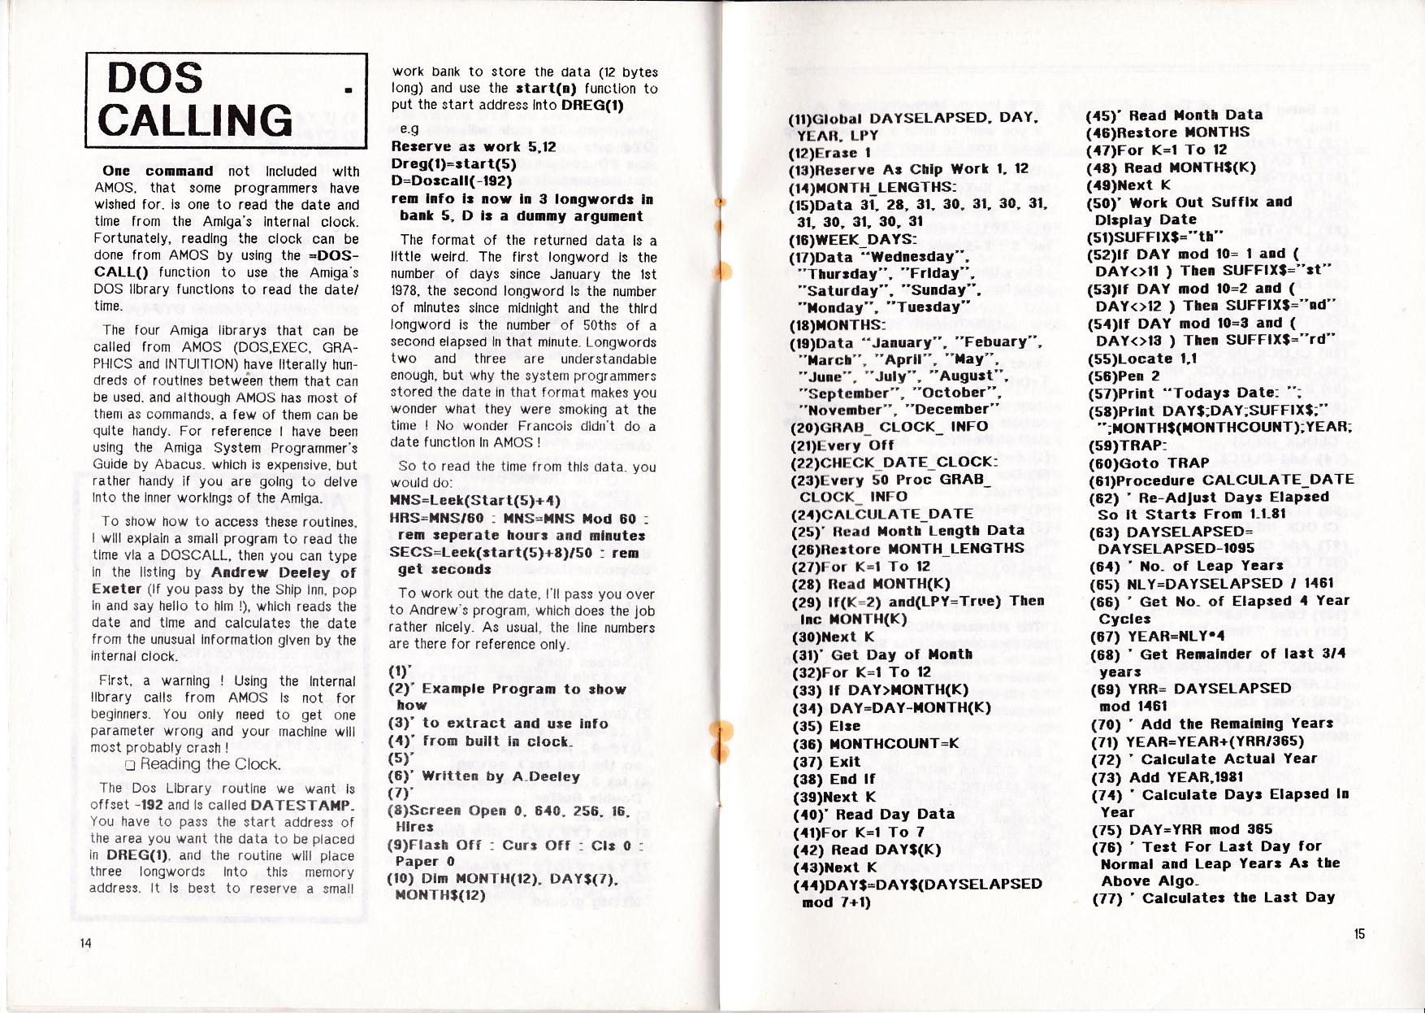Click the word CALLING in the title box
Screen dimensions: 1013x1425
[196, 120]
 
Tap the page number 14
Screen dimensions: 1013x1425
[86, 942]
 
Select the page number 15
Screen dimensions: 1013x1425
[1360, 934]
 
